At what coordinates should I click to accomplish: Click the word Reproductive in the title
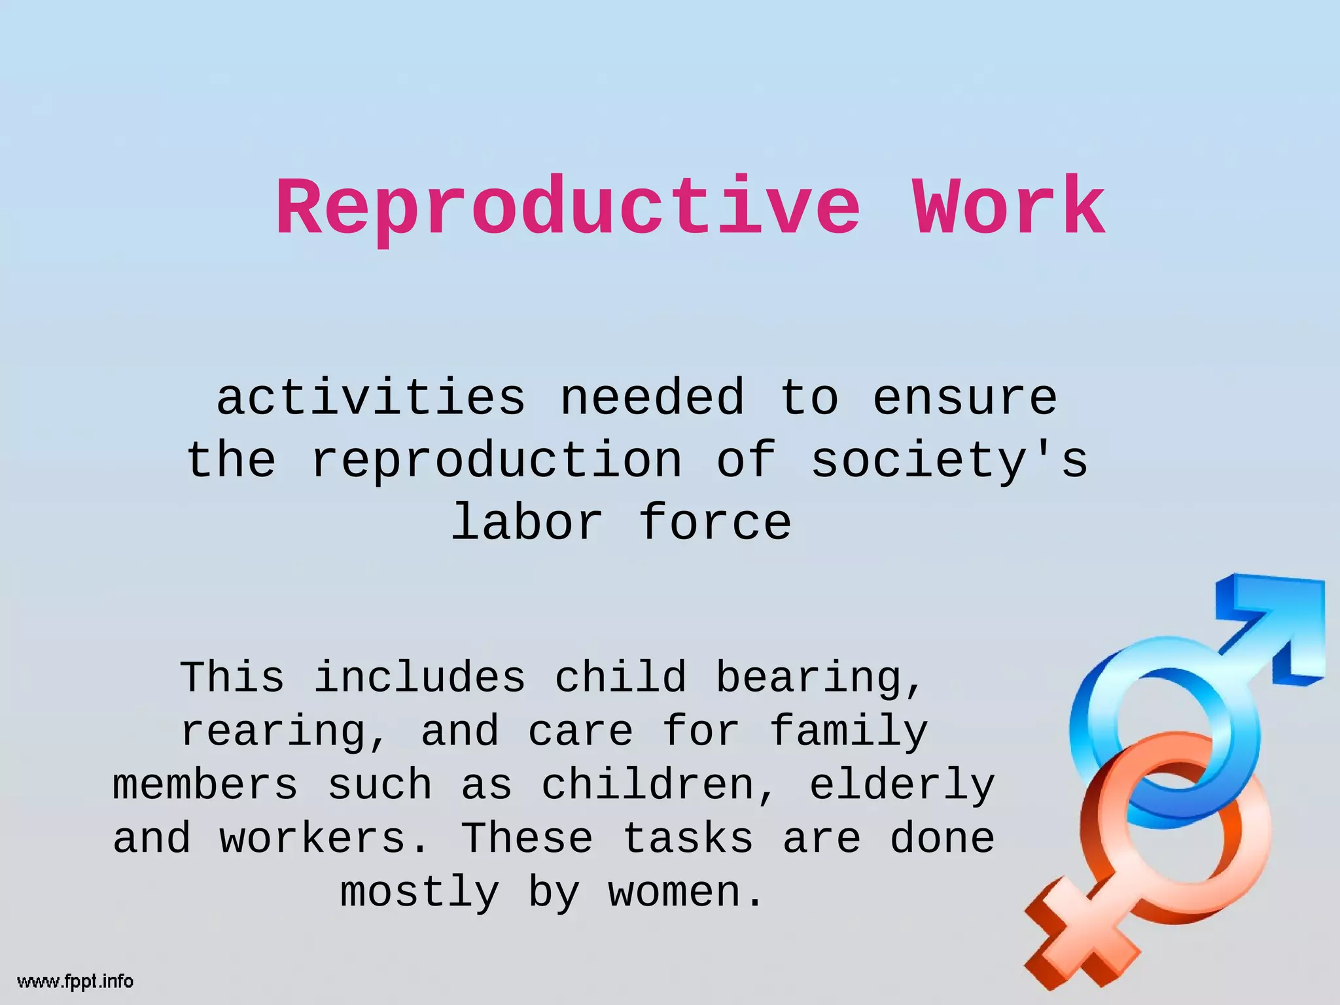(x=568, y=208)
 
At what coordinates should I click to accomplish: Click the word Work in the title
(x=1009, y=208)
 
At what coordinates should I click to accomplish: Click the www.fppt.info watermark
(x=75, y=981)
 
